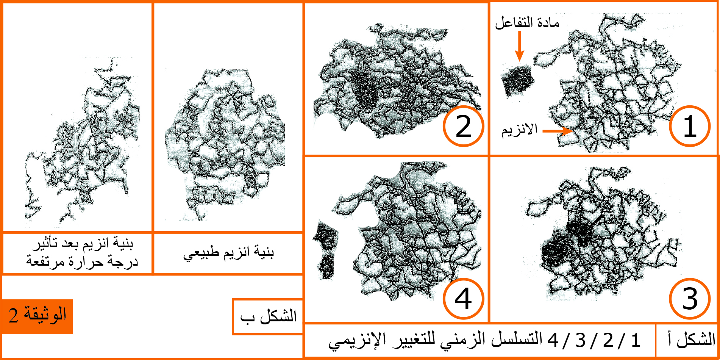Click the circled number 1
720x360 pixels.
689,126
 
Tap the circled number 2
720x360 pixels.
463,126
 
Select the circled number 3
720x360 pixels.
689,299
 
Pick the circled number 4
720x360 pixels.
463,299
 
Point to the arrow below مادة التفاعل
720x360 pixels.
520,46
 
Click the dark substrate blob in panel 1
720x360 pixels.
517,81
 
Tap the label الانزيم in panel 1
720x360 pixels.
520,130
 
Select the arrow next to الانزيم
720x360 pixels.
558,131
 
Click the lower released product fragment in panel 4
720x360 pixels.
326,267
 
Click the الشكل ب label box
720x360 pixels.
268,317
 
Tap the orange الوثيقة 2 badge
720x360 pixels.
37,316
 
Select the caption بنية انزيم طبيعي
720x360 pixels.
228,253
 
